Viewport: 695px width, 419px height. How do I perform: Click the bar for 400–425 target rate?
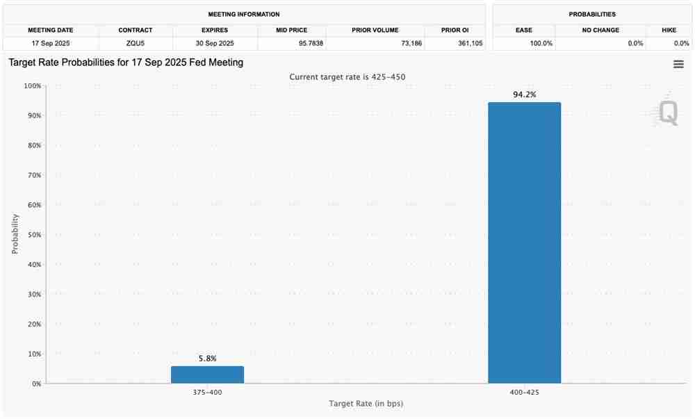point(524,243)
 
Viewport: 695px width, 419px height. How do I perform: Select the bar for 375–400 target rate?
point(207,375)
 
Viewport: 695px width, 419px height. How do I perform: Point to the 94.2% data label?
point(524,95)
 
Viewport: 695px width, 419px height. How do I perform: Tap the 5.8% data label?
point(207,359)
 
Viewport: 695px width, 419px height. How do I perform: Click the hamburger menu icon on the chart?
point(678,64)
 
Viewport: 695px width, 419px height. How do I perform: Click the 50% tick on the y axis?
point(33,235)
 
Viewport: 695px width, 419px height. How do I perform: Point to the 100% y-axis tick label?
point(31,86)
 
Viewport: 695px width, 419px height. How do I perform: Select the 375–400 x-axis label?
point(207,393)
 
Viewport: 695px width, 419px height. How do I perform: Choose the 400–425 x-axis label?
point(524,393)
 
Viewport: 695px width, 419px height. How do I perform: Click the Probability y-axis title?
point(15,233)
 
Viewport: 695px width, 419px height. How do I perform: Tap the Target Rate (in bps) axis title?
point(366,404)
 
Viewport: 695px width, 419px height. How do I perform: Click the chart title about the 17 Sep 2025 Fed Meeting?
point(126,63)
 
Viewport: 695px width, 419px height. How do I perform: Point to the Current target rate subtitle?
point(347,77)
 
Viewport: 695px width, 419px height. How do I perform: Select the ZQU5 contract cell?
point(136,43)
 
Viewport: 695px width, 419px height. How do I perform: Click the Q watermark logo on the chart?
point(668,113)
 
